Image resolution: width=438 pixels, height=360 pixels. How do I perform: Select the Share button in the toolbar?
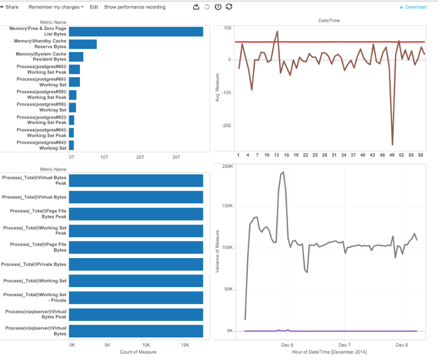pyautogui.click(x=11, y=7)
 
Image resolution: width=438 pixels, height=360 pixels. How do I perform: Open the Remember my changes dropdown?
pyautogui.click(x=56, y=7)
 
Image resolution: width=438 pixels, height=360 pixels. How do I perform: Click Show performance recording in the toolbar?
pyautogui.click(x=135, y=7)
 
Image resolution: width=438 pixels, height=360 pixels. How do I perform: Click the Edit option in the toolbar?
pyautogui.click(x=94, y=7)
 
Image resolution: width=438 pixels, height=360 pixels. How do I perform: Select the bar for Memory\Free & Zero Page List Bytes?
pyautogui.click(x=136, y=32)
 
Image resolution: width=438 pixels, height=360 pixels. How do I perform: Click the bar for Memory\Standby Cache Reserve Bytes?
pyautogui.click(x=83, y=44)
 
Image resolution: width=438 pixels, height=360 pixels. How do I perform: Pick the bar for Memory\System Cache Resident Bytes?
pyautogui.click(x=76, y=57)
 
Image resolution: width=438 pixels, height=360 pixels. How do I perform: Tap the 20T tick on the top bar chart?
pyautogui.click(x=140, y=157)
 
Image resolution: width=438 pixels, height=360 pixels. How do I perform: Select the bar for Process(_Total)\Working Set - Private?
pyautogui.click(x=136, y=297)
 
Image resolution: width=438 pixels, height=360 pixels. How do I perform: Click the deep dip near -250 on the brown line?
pyautogui.click(x=392, y=144)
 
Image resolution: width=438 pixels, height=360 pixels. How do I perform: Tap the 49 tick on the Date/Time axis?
pyautogui.click(x=392, y=155)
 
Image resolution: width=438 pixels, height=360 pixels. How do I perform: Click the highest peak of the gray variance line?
pyautogui.click(x=283, y=172)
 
